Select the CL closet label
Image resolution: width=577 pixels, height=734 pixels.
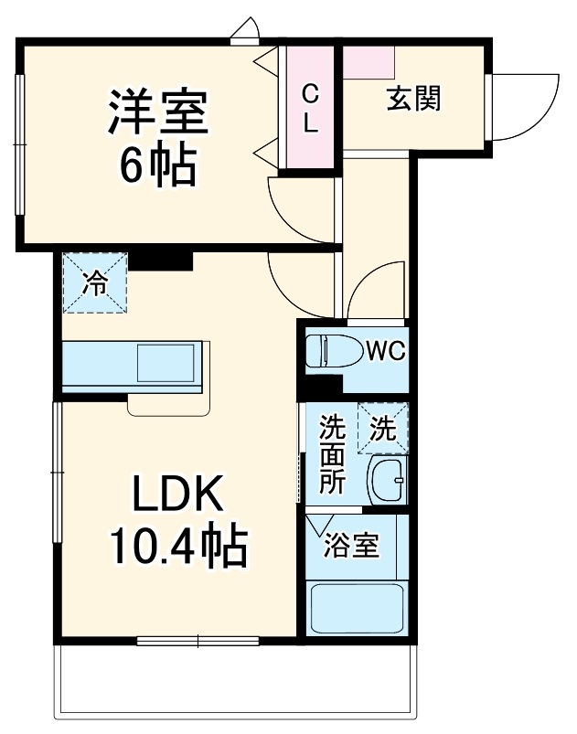(x=311, y=107)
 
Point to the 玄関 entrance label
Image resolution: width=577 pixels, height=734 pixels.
(x=412, y=97)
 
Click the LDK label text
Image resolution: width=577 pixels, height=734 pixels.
(x=178, y=495)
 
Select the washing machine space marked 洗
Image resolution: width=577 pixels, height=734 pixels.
(x=383, y=427)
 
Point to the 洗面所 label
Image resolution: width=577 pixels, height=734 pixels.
(x=331, y=455)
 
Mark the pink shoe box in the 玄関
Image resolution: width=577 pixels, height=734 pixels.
(x=369, y=61)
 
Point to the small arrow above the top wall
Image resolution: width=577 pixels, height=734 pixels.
(x=245, y=32)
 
